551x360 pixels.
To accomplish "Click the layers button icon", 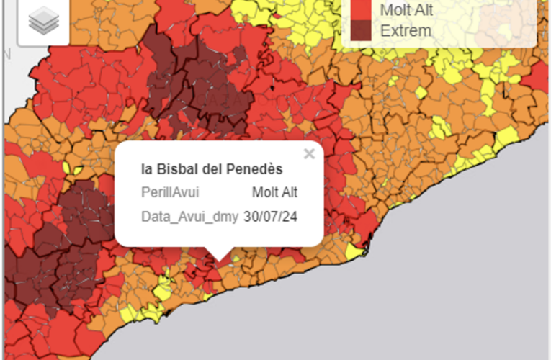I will (43, 22).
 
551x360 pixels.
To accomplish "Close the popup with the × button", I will (309, 153).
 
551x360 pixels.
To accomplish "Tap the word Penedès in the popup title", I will (249, 169).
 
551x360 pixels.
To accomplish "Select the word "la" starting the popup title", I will (146, 169).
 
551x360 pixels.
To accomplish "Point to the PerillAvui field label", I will (170, 192).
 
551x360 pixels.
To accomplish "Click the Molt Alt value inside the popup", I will (274, 192).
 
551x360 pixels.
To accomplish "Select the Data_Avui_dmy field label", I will (189, 216).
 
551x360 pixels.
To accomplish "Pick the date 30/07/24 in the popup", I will (271, 216).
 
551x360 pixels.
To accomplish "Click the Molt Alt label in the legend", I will (406, 10).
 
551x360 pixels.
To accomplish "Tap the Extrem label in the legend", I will (406, 31).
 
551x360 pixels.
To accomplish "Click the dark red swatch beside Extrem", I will (361, 30).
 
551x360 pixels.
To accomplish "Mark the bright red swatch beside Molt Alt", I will (361, 9).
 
